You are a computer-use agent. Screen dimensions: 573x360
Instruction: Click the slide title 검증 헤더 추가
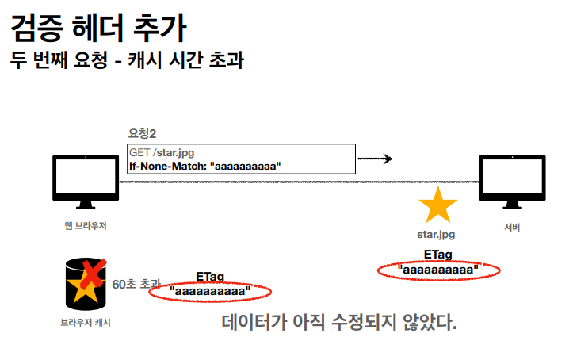99,29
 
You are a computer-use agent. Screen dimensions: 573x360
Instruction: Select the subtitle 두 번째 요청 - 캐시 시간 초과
126,60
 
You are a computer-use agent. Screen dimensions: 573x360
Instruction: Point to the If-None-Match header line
205,165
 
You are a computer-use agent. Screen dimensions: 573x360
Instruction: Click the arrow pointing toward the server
376,159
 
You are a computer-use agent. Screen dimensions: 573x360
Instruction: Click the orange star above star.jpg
437,206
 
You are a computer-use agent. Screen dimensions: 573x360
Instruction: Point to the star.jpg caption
437,234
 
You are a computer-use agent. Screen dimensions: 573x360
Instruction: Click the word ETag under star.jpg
437,254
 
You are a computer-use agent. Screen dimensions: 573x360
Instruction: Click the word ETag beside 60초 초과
210,276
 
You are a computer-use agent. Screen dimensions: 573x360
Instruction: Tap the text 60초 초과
136,283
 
